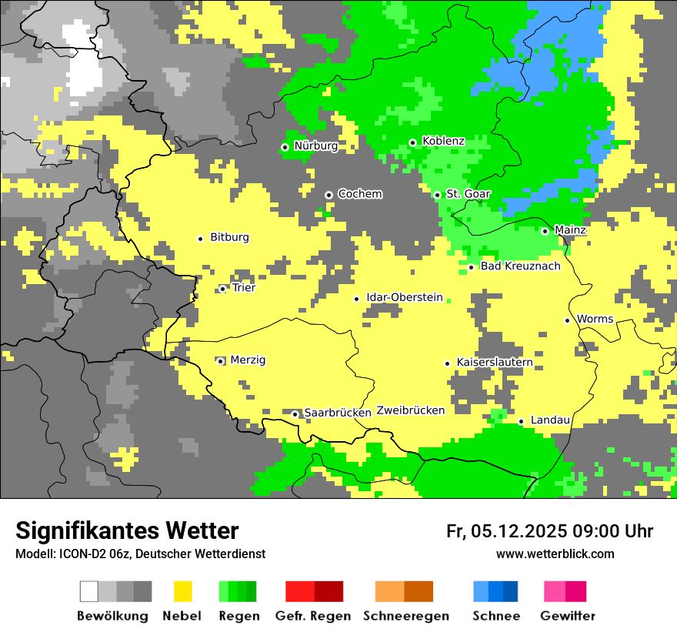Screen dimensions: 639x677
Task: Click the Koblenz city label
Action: [443, 141]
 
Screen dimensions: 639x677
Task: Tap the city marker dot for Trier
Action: [222, 289]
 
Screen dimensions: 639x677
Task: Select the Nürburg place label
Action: [315, 146]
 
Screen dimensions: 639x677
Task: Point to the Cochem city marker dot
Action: [328, 195]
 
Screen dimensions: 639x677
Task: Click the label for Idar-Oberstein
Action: [405, 297]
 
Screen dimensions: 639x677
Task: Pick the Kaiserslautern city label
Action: [495, 362]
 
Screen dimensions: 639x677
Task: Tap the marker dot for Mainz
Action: [545, 231]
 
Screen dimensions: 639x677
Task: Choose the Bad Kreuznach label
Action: [520, 266]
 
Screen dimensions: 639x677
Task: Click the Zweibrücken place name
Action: [410, 410]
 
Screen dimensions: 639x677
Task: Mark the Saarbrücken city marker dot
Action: [295, 414]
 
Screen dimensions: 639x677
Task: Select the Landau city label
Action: [550, 420]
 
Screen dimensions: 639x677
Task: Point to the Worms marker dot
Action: [567, 320]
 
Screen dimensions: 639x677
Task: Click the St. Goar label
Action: [468, 194]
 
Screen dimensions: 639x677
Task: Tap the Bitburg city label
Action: [229, 237]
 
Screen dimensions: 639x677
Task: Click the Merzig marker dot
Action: [220, 361]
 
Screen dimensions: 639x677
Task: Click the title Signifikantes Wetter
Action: [127, 530]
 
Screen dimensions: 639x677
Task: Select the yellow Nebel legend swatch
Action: [183, 591]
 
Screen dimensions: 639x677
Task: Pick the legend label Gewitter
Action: [568, 616]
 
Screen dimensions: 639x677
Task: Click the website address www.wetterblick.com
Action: [555, 554]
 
